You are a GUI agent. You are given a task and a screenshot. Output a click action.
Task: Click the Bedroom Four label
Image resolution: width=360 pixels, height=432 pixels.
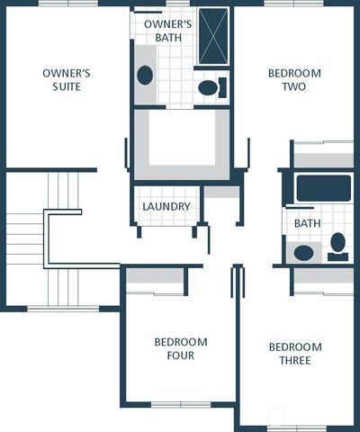pos(180,348)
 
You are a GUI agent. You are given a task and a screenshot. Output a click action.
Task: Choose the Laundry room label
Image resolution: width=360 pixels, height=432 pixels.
pos(166,206)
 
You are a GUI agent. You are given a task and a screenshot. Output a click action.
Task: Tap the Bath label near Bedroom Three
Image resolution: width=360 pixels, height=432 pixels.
pos(307,222)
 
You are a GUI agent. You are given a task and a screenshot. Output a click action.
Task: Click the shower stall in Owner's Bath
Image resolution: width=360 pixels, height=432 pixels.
pos(213,36)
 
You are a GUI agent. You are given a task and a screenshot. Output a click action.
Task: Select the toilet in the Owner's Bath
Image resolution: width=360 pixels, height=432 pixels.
pos(210,88)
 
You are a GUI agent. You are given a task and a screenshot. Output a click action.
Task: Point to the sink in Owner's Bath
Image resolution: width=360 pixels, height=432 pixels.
pos(145,75)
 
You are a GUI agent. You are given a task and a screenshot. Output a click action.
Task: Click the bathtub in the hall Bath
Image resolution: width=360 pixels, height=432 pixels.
pos(323,188)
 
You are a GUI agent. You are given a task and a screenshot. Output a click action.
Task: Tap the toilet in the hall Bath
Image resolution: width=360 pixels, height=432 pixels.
pos(337,243)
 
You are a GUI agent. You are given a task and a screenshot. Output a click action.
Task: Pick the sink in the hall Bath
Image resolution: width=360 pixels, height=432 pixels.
pos(304,253)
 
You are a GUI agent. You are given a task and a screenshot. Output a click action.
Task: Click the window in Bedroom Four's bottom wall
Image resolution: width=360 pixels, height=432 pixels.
pos(180,404)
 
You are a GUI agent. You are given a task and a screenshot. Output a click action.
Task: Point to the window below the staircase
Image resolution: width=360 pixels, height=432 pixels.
pos(63,308)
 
